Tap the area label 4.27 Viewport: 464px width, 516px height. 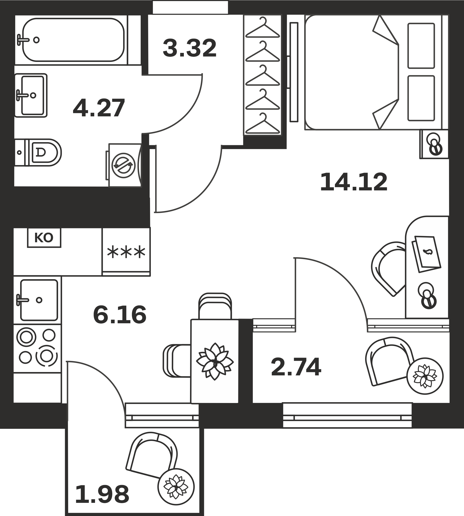coord(99,108)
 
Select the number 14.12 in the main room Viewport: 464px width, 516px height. coord(354,182)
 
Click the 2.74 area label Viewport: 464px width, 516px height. coord(296,367)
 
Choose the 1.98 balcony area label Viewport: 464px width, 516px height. coord(102,494)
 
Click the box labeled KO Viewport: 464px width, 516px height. coord(44,238)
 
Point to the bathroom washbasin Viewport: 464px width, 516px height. coord(31,95)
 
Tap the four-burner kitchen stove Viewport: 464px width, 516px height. coord(37,349)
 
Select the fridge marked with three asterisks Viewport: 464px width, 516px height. coord(126,252)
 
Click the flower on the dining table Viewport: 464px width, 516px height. coord(215,361)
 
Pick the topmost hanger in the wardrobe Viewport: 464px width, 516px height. coord(263,28)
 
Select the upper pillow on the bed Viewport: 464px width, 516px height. coord(421,46)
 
